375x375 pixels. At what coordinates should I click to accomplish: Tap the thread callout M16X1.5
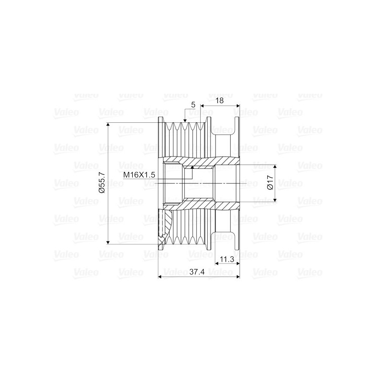pyautogui.click(x=139, y=175)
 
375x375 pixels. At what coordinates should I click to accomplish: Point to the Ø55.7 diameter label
pyautogui.click(x=101, y=183)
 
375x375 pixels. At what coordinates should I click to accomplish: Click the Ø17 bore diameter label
pyautogui.click(x=270, y=183)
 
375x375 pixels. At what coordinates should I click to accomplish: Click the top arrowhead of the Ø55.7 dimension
pyautogui.click(x=108, y=125)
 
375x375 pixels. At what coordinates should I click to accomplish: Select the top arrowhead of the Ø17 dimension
pyautogui.click(x=275, y=166)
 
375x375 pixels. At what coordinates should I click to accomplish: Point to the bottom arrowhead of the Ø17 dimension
pyautogui.click(x=275, y=199)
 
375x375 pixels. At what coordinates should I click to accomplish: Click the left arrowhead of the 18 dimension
pyautogui.click(x=203, y=106)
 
